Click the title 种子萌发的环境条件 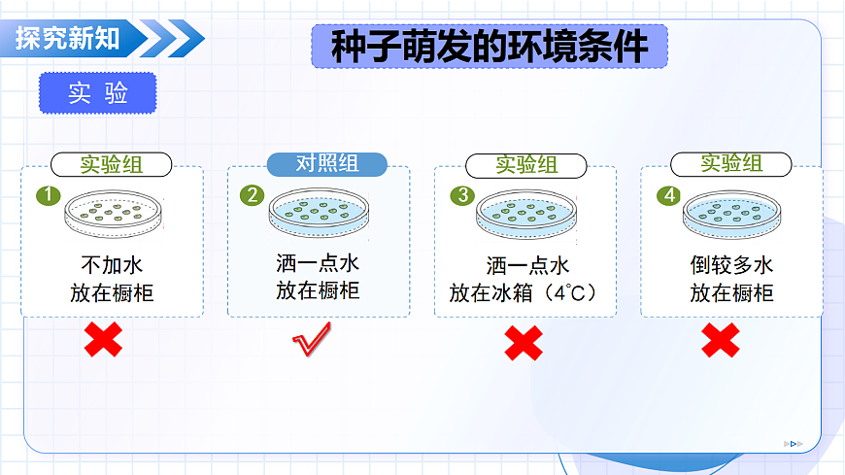point(490,46)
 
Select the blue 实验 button point(98,92)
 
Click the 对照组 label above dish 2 point(326,164)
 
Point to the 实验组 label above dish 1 point(111,164)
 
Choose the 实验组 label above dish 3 point(526,165)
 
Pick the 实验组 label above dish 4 point(731,163)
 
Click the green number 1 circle point(47,195)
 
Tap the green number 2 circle point(253,195)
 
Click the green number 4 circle point(669,195)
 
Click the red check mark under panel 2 point(313,340)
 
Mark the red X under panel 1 point(103,340)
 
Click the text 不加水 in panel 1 point(112,264)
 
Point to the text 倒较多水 point(731,264)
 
